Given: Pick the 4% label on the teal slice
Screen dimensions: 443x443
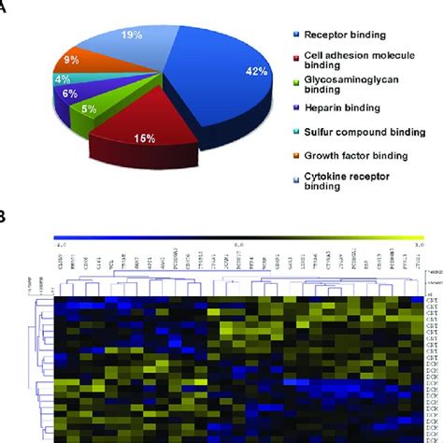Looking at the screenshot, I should pos(62,79).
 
